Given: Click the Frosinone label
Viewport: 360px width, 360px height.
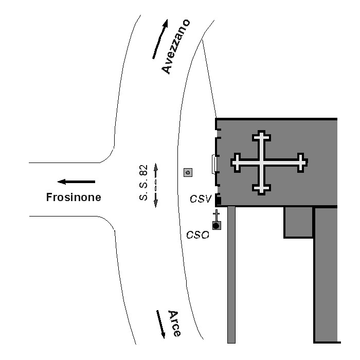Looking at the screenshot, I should point(74,197).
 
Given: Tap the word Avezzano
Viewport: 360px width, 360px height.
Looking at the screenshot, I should point(176,46).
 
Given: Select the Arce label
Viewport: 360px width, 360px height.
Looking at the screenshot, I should point(174,323).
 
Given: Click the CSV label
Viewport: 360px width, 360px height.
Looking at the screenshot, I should point(201,199).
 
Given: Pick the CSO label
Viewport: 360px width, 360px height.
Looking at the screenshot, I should point(197,235).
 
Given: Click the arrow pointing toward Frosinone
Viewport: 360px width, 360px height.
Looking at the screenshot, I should point(76,182).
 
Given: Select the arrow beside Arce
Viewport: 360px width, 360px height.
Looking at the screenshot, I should point(160,323).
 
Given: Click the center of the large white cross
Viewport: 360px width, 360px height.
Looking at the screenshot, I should point(262,162).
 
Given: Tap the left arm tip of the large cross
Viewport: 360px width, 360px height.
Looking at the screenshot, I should point(235,162).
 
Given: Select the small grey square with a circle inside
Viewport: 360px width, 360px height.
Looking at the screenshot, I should point(188,173).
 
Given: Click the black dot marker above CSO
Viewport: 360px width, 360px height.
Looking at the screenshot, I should point(216,225).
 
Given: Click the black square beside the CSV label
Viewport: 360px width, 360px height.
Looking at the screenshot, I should point(218,200).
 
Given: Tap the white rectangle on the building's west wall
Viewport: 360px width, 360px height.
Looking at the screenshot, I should point(213,164).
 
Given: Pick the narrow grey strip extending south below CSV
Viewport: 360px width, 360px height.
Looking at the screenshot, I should point(231,273).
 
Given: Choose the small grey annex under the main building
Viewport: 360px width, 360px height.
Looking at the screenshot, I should point(299,222).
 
